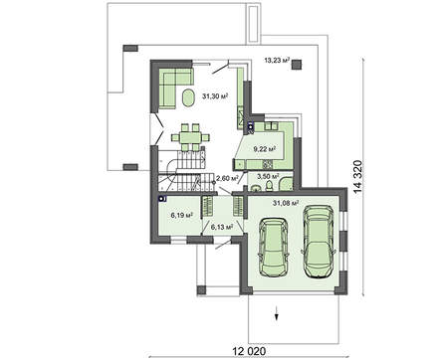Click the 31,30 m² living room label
[x=216, y=96]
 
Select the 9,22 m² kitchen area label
[x=264, y=149]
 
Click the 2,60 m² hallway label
[x=228, y=179]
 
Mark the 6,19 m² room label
[x=180, y=215]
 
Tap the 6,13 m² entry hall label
[x=222, y=227]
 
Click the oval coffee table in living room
[x=189, y=97]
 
